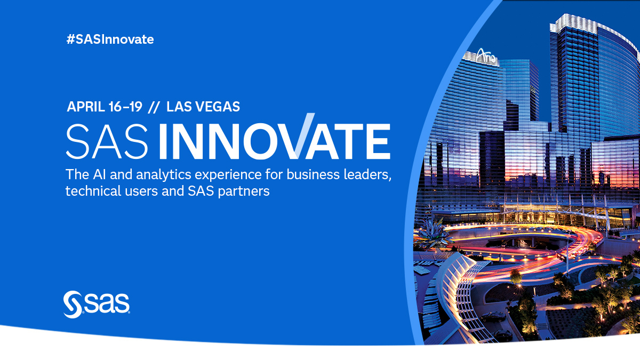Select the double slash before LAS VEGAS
[x=154, y=107]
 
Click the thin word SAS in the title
[x=107, y=141]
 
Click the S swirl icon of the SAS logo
[x=72, y=305]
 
